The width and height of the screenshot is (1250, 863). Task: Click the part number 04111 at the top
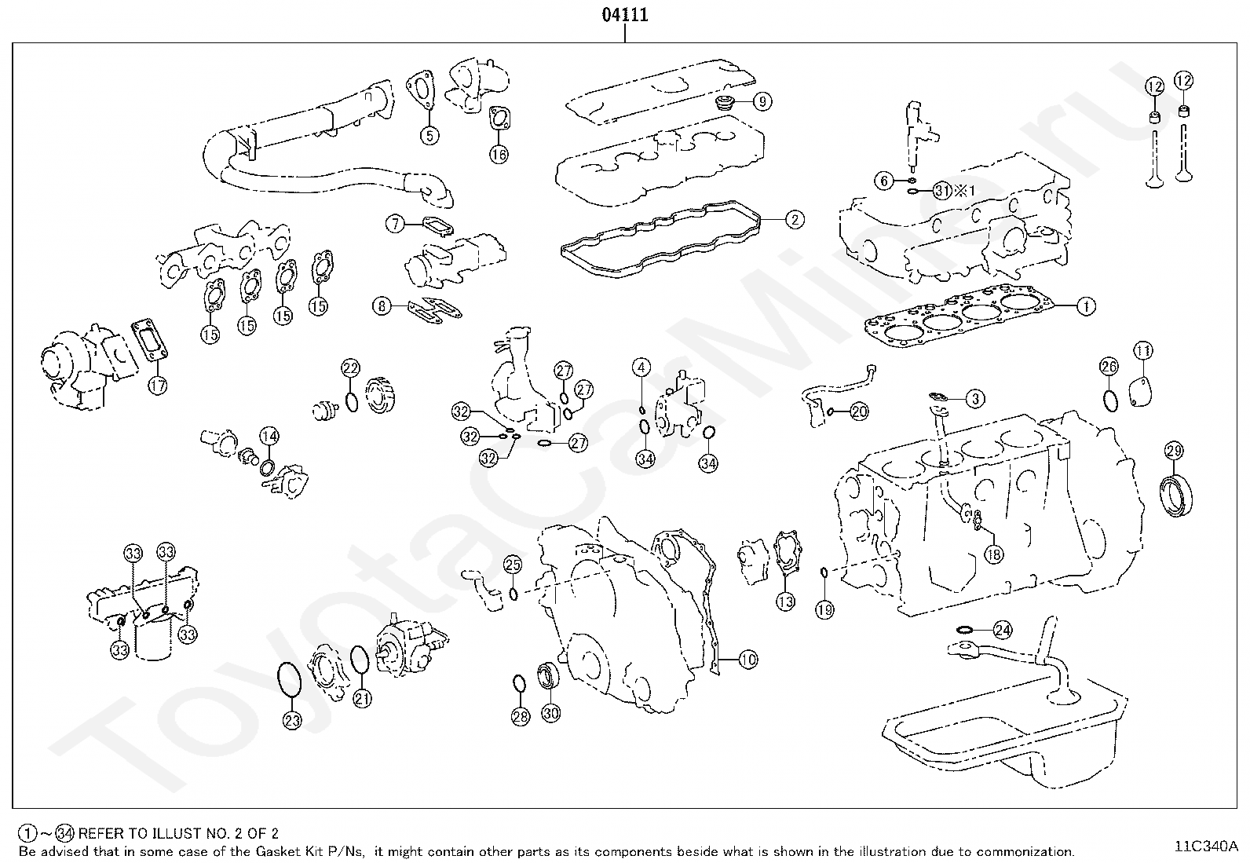click(x=625, y=16)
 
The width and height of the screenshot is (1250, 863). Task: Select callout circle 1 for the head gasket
click(x=1085, y=306)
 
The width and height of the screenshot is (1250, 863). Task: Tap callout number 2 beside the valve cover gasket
click(x=794, y=220)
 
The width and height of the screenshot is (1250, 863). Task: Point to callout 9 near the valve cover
click(x=762, y=101)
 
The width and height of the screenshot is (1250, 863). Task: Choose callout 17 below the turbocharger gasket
click(x=158, y=385)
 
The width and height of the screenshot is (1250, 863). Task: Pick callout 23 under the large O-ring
click(x=291, y=720)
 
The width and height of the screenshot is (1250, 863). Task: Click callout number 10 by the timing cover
click(x=747, y=660)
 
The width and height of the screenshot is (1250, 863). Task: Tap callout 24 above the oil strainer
click(x=1003, y=630)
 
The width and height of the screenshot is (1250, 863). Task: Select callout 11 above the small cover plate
click(x=1142, y=350)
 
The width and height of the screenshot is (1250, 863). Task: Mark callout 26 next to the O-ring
click(x=1109, y=366)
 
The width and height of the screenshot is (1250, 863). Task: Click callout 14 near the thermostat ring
click(x=269, y=436)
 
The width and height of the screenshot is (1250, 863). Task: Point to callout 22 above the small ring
click(x=350, y=368)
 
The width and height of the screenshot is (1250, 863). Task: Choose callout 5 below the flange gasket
click(x=429, y=135)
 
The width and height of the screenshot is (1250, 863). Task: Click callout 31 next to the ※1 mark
click(x=943, y=190)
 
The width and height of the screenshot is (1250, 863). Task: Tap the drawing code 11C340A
click(x=1205, y=847)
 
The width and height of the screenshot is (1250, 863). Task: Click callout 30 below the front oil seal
click(x=551, y=714)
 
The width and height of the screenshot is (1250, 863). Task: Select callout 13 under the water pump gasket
click(x=785, y=602)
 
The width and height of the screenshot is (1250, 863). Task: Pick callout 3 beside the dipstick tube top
click(x=974, y=399)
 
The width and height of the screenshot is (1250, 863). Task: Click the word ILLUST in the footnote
click(x=181, y=833)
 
